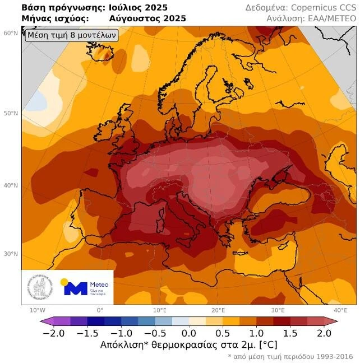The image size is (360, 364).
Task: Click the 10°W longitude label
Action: (x=38, y=310)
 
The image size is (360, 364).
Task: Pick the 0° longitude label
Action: (x=100, y=310)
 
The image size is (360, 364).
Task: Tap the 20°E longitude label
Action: (x=218, y=310)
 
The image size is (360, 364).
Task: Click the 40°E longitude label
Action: (x=340, y=310)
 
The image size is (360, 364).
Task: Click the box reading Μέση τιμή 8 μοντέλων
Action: (x=71, y=35)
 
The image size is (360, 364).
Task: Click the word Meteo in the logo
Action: (x=99, y=284)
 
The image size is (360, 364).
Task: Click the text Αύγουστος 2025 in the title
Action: (x=147, y=18)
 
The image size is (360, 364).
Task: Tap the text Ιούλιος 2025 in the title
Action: (x=138, y=8)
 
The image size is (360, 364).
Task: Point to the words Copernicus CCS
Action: (x=327, y=8)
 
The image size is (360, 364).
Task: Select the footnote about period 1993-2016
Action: (x=292, y=357)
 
